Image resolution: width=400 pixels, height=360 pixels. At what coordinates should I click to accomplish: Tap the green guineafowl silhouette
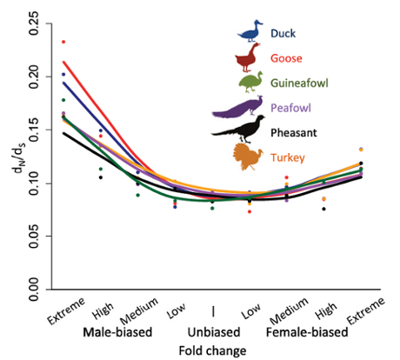click(250, 83)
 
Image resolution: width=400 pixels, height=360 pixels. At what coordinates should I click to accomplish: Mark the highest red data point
click(63, 42)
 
